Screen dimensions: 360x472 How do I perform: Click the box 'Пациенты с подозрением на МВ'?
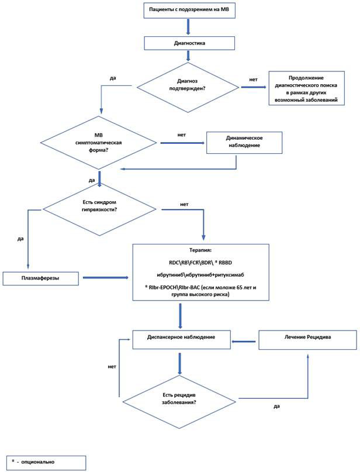coord(189,9)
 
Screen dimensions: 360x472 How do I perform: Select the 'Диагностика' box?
coord(189,43)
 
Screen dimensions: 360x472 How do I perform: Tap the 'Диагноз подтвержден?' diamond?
coord(188,88)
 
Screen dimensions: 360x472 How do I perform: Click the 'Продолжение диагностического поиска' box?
coord(306,88)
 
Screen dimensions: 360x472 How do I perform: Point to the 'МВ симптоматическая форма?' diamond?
coord(99,142)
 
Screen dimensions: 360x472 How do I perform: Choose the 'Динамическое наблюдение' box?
coord(244,142)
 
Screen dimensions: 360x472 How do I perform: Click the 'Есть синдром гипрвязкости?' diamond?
coord(99,209)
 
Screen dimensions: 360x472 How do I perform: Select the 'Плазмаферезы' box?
coord(40,278)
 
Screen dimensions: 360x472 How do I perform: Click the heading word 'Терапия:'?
coord(200,250)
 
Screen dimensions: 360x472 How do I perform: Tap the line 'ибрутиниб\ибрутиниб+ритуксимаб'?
coord(200,275)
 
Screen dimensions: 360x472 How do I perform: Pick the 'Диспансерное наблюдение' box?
coord(181,340)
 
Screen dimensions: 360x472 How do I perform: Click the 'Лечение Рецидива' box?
coord(307,340)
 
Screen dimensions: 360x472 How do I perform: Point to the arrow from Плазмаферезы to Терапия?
coord(106,278)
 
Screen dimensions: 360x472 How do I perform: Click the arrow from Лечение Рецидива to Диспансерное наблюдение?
coord(244,342)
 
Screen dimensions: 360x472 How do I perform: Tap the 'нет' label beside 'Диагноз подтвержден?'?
coord(253,80)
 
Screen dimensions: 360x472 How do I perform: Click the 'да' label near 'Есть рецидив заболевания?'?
coord(276,406)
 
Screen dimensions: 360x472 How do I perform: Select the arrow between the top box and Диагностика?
coord(188,27)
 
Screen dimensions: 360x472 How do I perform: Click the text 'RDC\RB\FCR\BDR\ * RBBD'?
coord(200,263)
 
